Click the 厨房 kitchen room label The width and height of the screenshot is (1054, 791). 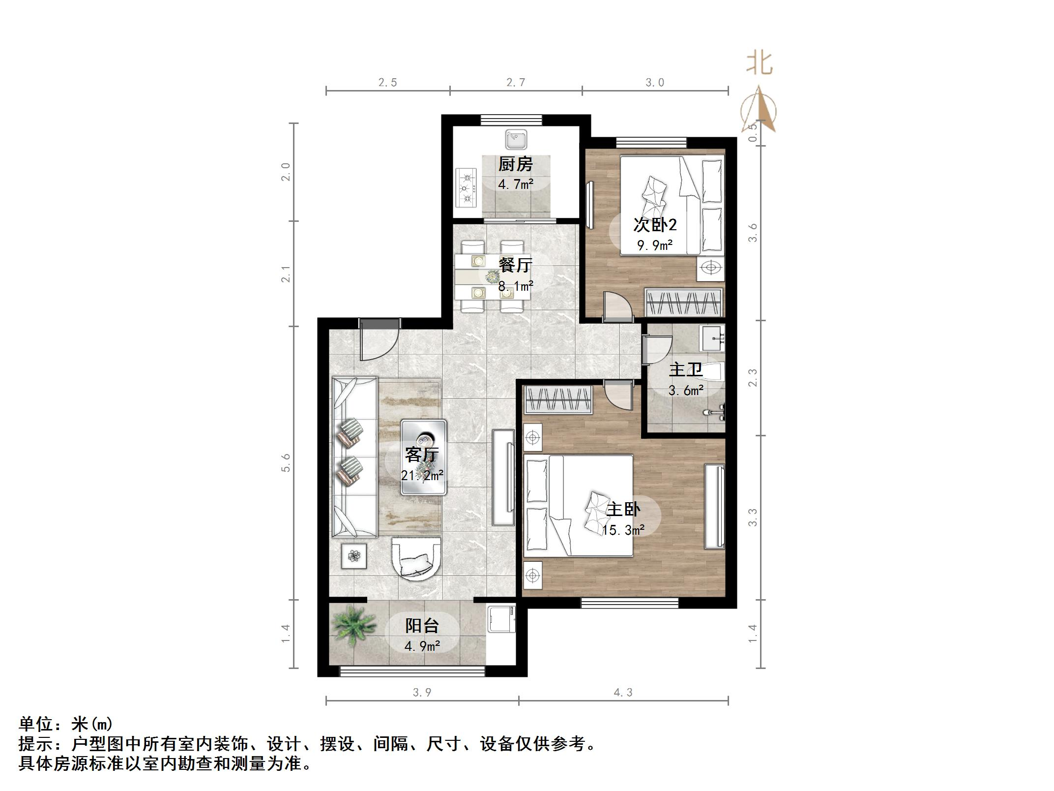point(515,164)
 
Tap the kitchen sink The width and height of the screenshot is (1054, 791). point(516,139)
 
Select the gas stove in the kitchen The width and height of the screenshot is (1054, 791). point(466,187)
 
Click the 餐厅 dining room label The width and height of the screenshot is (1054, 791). point(515,265)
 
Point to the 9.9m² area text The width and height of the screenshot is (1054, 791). point(655,244)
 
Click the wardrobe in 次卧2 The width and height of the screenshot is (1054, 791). point(683,302)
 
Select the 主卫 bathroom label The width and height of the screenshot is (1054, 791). point(685,369)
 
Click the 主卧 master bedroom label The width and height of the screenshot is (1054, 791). point(623,509)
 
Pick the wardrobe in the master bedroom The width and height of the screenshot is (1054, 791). point(558,400)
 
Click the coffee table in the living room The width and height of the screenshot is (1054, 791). point(423,456)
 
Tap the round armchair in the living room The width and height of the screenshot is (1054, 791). point(416,559)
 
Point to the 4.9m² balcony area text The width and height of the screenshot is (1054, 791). point(422,645)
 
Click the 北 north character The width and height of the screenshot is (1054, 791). point(759,64)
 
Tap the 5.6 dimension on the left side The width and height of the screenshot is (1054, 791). point(286,462)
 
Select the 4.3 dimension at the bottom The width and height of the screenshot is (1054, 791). point(623,693)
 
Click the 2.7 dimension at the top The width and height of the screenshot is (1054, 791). point(516,83)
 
